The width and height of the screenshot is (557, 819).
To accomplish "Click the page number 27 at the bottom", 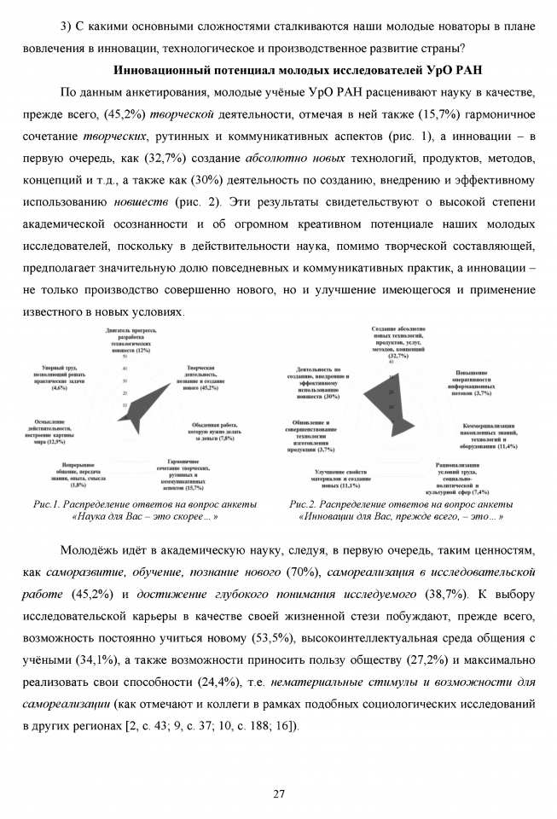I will (278, 793).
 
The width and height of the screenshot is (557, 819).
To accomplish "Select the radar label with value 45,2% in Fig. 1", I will (201, 377).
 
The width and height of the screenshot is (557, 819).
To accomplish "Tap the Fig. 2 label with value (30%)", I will (319, 382).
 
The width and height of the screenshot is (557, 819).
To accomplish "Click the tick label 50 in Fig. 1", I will (125, 357).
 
